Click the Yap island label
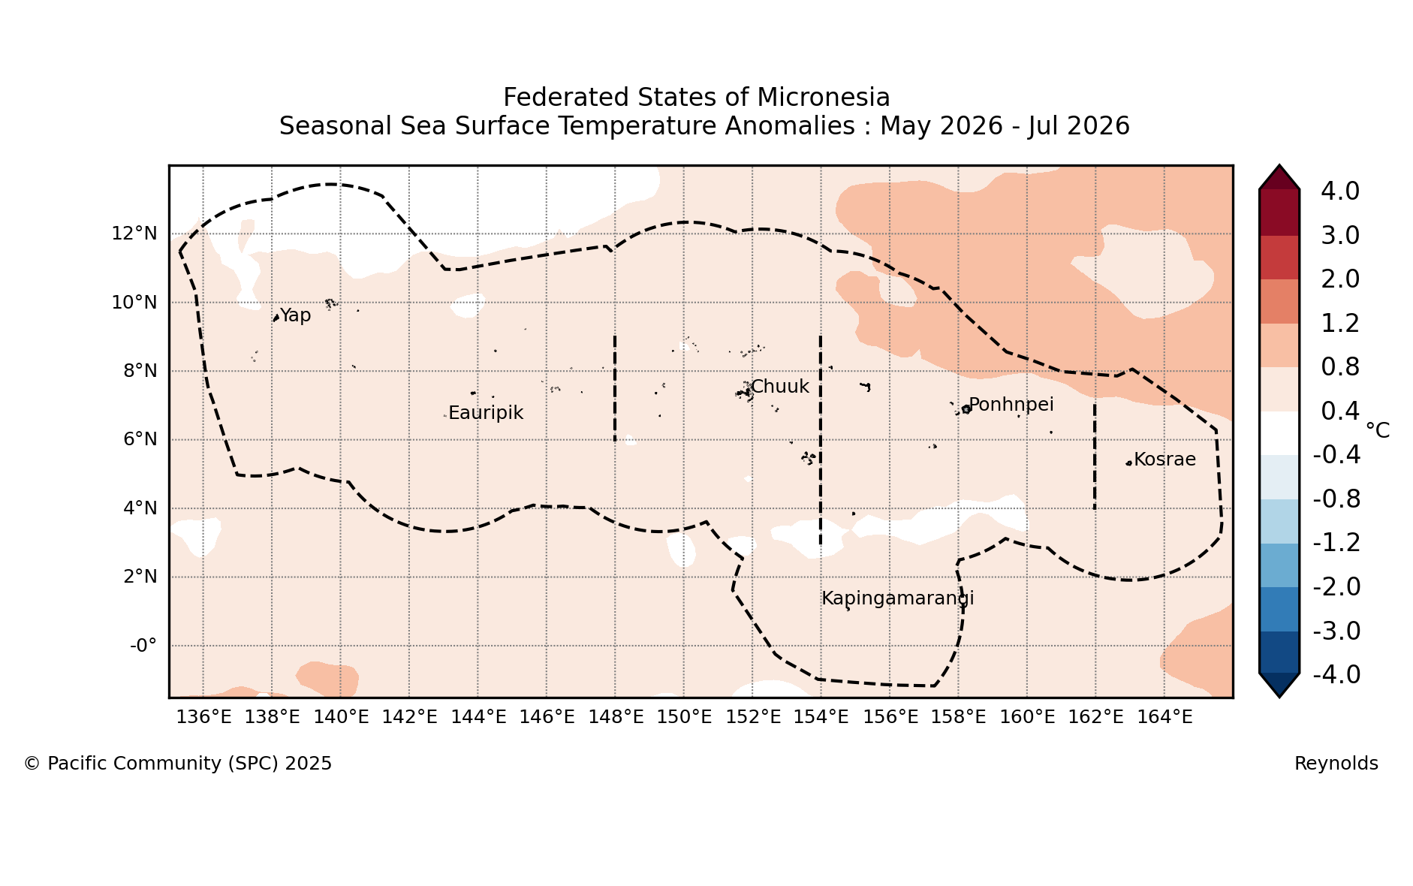click(295, 316)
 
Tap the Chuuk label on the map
click(780, 387)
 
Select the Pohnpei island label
click(1011, 405)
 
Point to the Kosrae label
click(1164, 460)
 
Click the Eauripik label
click(486, 413)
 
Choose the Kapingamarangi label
click(898, 598)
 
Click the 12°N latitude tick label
click(134, 234)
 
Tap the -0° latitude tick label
click(143, 646)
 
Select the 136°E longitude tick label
click(203, 717)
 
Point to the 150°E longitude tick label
click(684, 717)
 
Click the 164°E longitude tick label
click(1164, 717)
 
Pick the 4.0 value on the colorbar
click(1340, 191)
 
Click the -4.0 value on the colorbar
click(1336, 675)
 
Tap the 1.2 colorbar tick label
click(1340, 324)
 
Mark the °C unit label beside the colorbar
click(1378, 430)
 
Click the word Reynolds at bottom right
click(1336, 764)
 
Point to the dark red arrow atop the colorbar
click(1279, 178)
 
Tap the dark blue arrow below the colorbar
click(1279, 685)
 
